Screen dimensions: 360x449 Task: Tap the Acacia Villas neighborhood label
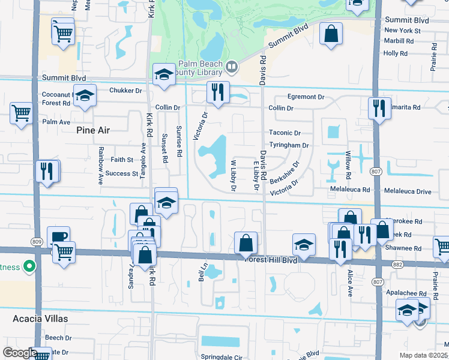pos(39,319)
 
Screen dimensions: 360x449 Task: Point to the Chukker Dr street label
pos(125,91)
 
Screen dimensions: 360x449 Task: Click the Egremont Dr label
pos(306,97)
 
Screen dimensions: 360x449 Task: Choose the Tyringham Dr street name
pos(289,145)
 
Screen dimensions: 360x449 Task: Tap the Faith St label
pos(122,160)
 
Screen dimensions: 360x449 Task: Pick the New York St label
pos(399,30)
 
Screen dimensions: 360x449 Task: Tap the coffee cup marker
pos(58,236)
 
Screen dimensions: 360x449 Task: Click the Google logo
pos(19,352)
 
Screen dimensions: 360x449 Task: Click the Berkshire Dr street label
pos(284,173)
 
